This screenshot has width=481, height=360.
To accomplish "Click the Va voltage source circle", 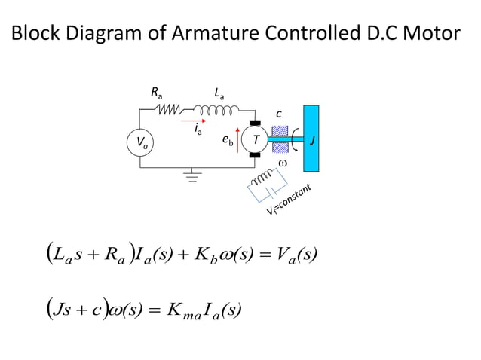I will click(x=140, y=143).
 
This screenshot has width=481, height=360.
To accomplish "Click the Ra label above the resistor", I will click(x=156, y=93).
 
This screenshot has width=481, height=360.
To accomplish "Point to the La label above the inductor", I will click(x=219, y=93).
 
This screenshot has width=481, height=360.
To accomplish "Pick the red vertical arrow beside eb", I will click(x=239, y=140).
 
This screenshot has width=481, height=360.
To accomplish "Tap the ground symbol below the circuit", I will click(x=195, y=177).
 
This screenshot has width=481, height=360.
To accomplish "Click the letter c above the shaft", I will click(x=278, y=114).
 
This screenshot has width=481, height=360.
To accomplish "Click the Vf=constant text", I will click(x=295, y=200).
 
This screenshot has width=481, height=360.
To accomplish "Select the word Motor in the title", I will click(x=427, y=35).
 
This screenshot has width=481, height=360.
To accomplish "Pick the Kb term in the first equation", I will click(x=209, y=257).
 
